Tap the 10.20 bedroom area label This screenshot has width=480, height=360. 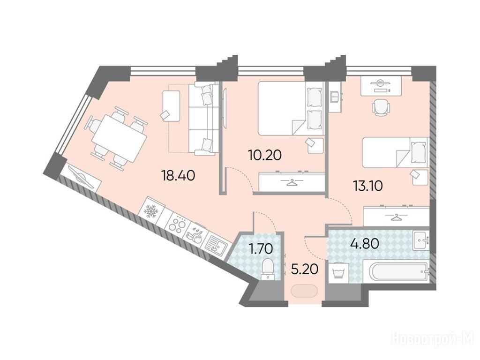click(x=265, y=156)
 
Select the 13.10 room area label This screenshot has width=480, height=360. click(x=367, y=186)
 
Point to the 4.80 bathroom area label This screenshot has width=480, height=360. click(x=365, y=244)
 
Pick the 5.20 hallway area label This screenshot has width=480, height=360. click(x=305, y=270)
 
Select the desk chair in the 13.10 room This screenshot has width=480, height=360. click(x=381, y=108)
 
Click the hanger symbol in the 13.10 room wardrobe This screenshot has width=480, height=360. click(x=397, y=217)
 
